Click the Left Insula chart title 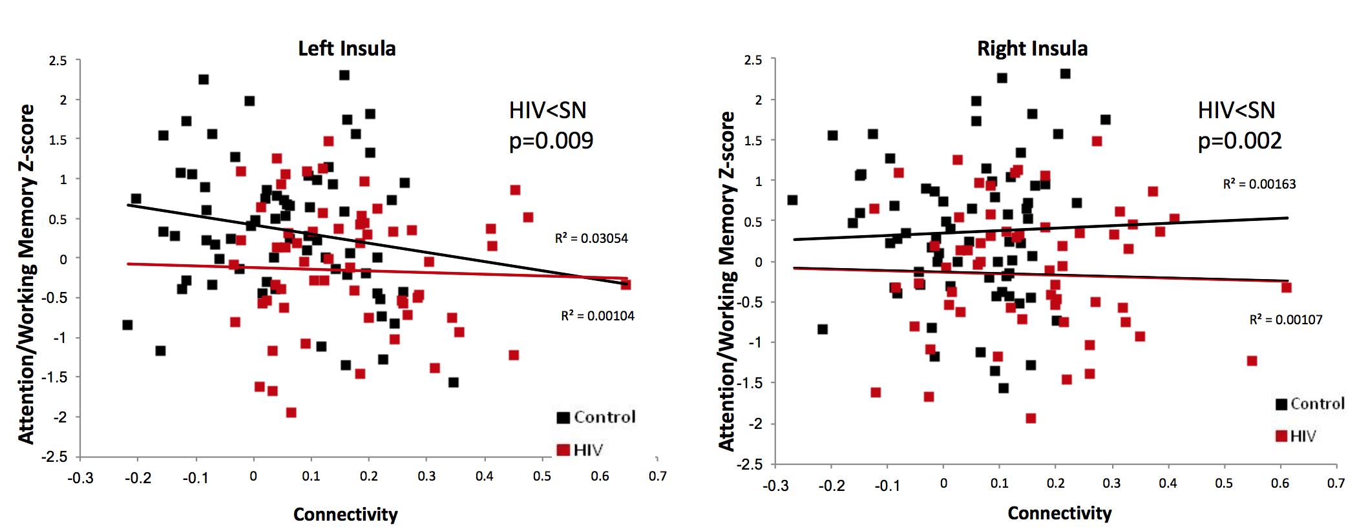click(346, 48)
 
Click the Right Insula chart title click(1032, 48)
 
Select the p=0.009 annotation click(551, 141)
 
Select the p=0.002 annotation click(1239, 141)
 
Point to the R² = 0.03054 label click(591, 238)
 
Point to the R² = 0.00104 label click(597, 316)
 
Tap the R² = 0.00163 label click(1259, 184)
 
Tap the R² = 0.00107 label click(1285, 320)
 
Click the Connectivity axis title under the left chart click(345, 514)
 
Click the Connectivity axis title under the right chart click(1059, 513)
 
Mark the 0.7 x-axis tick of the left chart click(657, 477)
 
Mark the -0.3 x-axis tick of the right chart click(775, 484)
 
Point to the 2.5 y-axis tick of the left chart click(58, 61)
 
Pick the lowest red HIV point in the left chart click(291, 412)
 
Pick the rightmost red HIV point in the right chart click(1287, 287)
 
